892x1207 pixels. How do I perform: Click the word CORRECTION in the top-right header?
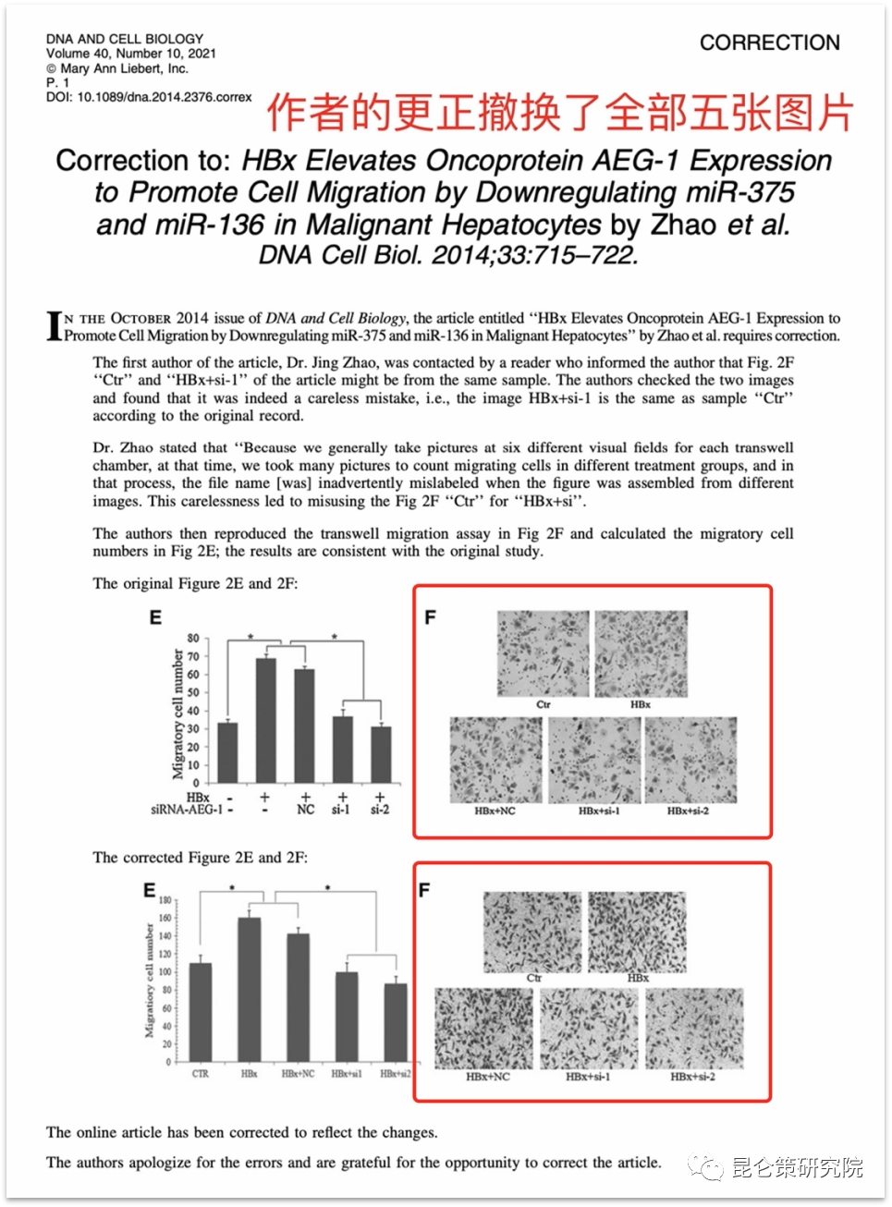coord(769,43)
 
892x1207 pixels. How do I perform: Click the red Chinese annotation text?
coord(559,113)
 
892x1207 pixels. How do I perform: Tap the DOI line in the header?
coord(149,96)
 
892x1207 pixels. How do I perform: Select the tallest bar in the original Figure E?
coord(265,720)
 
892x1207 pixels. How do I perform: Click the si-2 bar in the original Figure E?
coord(380,753)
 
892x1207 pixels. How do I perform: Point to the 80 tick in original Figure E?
coord(193,638)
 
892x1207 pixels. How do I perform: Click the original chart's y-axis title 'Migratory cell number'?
coord(177,713)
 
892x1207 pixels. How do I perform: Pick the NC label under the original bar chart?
coord(305,810)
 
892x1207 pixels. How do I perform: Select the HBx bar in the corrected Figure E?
coord(250,989)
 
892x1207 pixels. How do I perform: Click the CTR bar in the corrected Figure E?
coord(201,1012)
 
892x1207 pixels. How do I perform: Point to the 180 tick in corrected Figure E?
coord(165,900)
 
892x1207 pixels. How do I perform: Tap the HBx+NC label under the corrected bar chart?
coord(298,1074)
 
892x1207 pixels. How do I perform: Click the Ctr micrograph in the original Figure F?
coord(543,653)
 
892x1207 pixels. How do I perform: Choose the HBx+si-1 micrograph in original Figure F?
coord(594,760)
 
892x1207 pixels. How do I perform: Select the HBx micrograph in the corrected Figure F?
coord(638,932)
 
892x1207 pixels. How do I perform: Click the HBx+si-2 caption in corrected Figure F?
coord(692,1077)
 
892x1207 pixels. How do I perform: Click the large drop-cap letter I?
coord(55,325)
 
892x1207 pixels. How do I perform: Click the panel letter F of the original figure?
coord(430,617)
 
